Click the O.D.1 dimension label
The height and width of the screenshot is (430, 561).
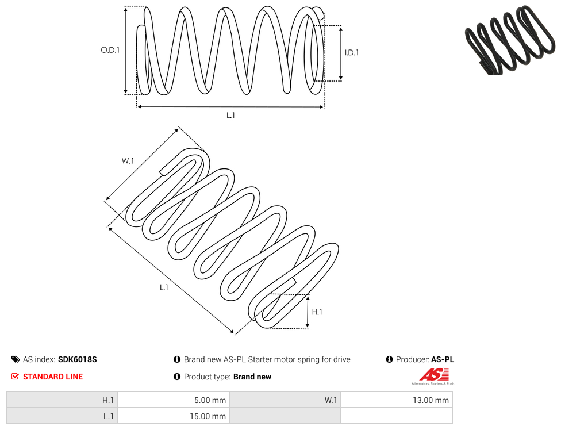(110, 50)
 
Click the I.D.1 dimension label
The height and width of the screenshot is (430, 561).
(352, 52)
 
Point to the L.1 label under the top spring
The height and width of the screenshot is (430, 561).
(230, 115)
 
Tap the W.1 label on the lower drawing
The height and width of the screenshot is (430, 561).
(128, 161)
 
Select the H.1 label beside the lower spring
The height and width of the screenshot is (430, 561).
(317, 312)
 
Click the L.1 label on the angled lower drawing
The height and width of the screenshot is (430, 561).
(164, 287)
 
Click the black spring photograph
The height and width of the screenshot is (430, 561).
(511, 39)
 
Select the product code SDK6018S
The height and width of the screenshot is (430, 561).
(77, 359)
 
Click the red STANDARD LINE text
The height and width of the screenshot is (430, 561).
(53, 377)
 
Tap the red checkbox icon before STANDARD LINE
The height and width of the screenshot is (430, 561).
(15, 377)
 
